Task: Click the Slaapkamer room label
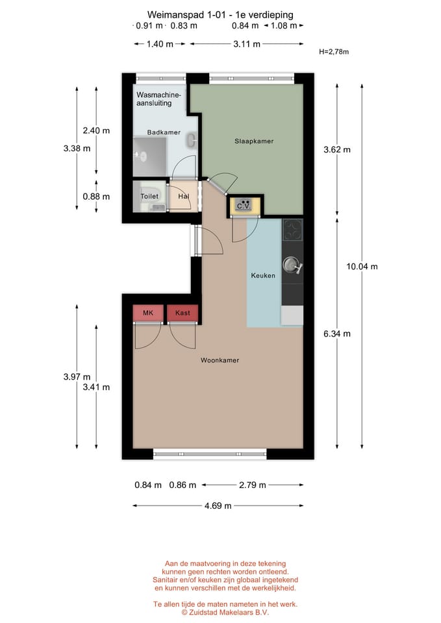[254, 141]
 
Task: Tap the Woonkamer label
[220, 360]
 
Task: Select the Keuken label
[263, 275]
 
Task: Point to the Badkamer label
[164, 132]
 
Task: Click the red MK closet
[148, 313]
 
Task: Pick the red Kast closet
[183, 313]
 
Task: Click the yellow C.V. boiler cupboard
[244, 206]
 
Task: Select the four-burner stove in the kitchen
[293, 230]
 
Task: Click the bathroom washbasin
[192, 140]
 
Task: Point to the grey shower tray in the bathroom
[149, 156]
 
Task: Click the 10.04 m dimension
[362, 266]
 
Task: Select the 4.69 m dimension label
[218, 506]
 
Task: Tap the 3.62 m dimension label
[337, 149]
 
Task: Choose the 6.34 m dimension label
[337, 334]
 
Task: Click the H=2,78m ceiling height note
[334, 52]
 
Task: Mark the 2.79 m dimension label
[253, 485]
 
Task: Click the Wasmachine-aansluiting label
[158, 99]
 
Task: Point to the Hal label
[183, 196]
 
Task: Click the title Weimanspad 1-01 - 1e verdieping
[220, 15]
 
